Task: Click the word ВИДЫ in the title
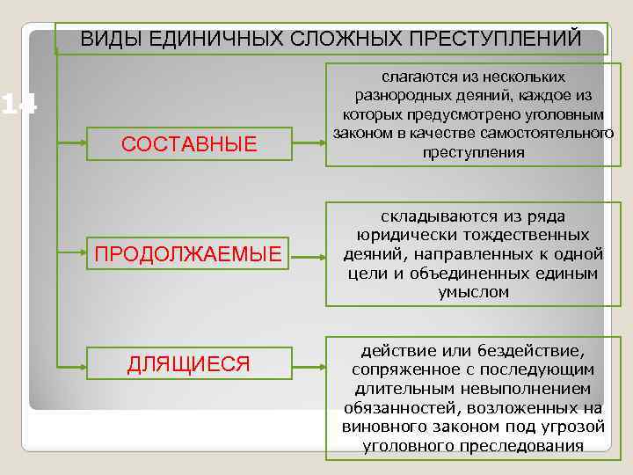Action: pos(105,39)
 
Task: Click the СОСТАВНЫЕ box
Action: pos(189,143)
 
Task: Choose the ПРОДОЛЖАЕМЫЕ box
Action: pos(189,255)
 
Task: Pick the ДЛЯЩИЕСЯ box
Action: pos(189,364)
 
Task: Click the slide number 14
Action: pos(18,106)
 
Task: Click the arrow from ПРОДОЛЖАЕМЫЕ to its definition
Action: pos(308,256)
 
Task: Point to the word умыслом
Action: pos(473,293)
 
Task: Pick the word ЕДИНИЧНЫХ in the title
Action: pos(207,39)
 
